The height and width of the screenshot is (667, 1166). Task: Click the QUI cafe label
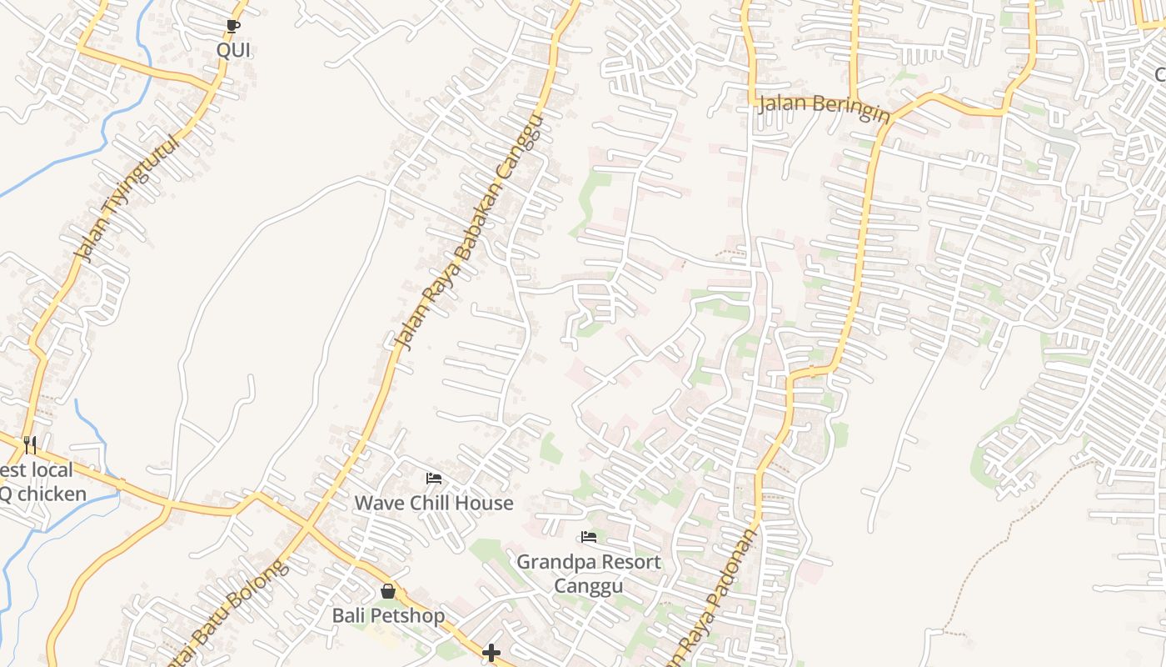coord(233,50)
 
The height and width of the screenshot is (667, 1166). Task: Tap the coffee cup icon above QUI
coord(233,27)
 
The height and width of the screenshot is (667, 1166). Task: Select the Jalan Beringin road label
coord(823,107)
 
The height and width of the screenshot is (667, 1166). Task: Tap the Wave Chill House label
coord(434,503)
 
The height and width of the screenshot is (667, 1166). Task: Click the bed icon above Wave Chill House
coord(434,479)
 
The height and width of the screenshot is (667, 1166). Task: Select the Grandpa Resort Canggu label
coord(589,574)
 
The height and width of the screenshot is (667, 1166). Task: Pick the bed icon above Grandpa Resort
coord(589,537)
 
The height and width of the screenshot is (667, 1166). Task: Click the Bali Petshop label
coord(388,615)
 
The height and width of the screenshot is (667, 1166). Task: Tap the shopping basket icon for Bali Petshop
coord(388,592)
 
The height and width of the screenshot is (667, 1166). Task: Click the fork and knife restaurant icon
coord(30,444)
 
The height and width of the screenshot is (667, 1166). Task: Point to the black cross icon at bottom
coord(491,653)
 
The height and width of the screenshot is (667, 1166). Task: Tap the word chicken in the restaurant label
coord(52,494)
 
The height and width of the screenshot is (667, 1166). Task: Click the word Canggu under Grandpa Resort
coord(589,586)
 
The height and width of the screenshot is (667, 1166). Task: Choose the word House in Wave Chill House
coord(484,503)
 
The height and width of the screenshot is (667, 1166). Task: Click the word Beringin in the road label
coord(851,108)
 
